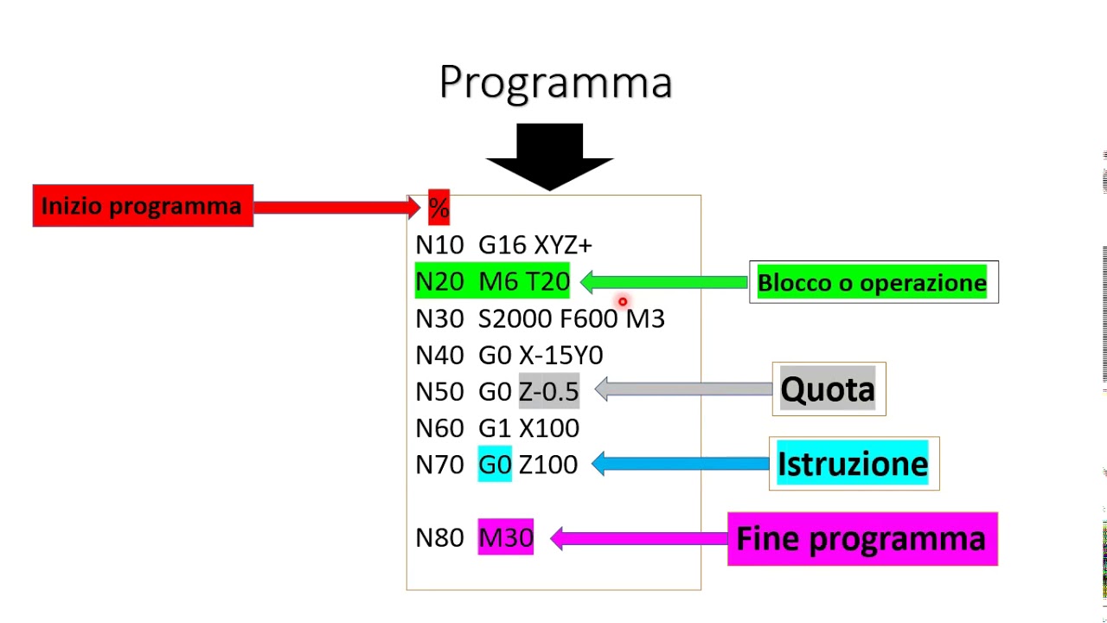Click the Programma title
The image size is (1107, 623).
[555, 83]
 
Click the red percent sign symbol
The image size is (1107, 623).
[438, 208]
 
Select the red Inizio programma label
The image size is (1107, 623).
[143, 206]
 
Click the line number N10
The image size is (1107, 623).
[439, 245]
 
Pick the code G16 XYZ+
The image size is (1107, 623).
[535, 245]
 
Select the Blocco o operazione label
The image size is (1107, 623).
[872, 283]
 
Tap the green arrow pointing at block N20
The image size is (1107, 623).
[664, 282]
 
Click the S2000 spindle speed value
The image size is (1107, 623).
[515, 319]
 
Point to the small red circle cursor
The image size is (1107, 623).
[622, 302]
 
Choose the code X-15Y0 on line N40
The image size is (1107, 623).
[561, 356]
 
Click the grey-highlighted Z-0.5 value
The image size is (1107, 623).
[548, 391]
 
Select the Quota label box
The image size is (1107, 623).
[828, 389]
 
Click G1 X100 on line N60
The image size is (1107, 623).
[528, 428]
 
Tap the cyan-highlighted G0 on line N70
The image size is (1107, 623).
[495, 465]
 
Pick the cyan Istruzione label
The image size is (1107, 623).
[853, 464]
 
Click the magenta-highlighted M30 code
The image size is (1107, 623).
[506, 537]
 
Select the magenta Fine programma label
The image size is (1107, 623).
[861, 539]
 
